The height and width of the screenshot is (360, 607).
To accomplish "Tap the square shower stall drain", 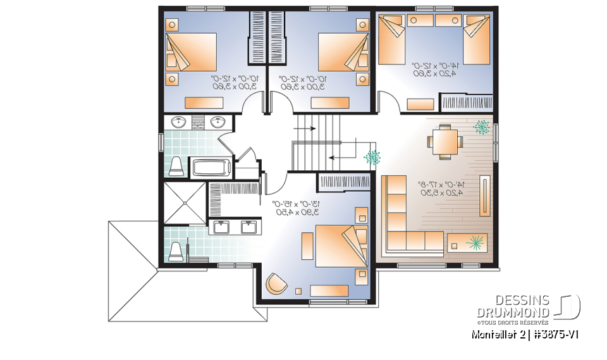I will tap(185, 203).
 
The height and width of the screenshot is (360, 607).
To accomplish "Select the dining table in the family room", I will tap(443, 140).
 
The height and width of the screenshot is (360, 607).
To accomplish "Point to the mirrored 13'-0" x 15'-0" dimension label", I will tap(297, 208).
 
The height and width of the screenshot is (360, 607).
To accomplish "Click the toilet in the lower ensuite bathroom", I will tap(176, 251).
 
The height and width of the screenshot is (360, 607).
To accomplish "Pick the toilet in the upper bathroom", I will tap(176, 166).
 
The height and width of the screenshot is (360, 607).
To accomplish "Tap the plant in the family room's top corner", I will tap(482, 127).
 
